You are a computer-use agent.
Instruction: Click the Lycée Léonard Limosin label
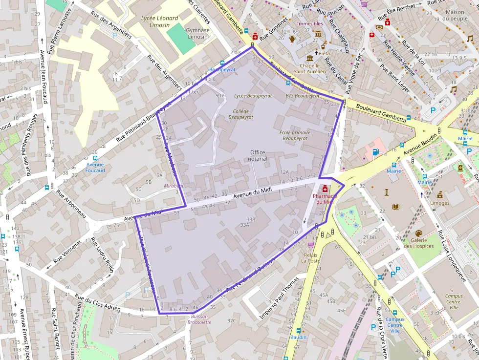159,21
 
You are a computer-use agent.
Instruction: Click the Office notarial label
258,155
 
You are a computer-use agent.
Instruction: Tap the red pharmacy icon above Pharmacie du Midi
325,189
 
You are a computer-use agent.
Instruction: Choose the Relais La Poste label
311,257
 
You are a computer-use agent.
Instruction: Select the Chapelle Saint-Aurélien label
313,68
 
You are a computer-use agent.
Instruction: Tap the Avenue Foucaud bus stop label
95,168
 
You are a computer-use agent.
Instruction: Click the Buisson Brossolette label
199,319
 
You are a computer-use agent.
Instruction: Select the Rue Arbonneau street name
71,204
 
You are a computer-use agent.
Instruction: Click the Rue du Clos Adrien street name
97,302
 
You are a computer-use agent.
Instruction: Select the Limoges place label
440,203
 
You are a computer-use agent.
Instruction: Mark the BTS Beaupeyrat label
303,96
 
